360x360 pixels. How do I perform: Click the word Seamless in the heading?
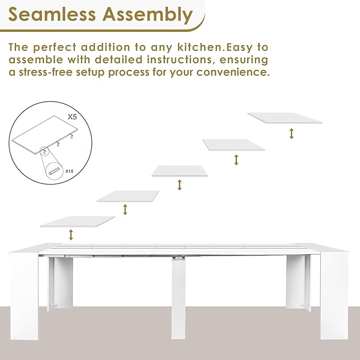pos(55,14)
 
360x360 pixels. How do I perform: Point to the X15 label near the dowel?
pos(69,171)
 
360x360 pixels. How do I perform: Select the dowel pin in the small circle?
pos(54,173)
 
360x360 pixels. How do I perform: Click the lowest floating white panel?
pos(77,221)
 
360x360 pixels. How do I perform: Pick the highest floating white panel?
pos(285,118)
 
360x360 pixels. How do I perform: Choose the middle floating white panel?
pos(180,170)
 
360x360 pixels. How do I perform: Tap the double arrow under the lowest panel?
pos(71,234)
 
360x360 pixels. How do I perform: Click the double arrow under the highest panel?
pos(291,133)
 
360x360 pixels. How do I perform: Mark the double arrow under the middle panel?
pos(180,185)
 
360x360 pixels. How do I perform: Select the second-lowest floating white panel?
pos(127,196)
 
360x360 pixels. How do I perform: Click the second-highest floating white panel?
pos(233,144)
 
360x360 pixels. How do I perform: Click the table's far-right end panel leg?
pos(333,292)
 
